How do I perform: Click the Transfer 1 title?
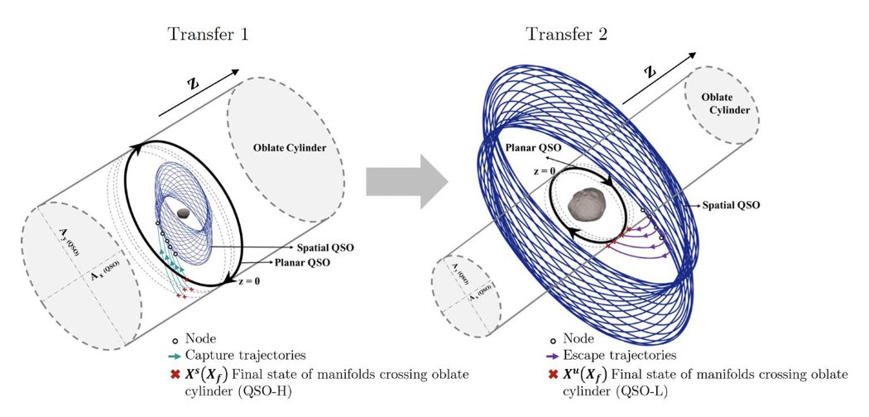[208, 35]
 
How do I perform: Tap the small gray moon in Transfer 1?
[184, 213]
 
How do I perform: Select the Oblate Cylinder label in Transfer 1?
[290, 149]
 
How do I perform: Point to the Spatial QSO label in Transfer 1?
[323, 247]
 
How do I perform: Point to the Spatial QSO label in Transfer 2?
[730, 203]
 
